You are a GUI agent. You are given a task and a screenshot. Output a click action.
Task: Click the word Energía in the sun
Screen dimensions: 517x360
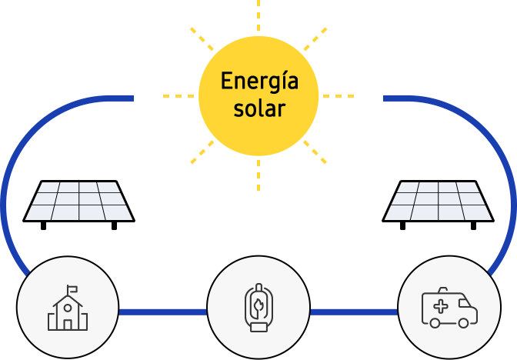pyautogui.click(x=259, y=82)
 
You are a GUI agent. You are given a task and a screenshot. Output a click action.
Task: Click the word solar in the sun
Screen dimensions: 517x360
pyautogui.click(x=259, y=108)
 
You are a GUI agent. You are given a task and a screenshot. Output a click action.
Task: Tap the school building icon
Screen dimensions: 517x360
pyautogui.click(x=68, y=308)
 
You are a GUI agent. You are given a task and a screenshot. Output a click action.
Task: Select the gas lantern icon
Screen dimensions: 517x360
pyautogui.click(x=258, y=307)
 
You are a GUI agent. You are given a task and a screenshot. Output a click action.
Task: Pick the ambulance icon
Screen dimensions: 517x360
pyautogui.click(x=449, y=308)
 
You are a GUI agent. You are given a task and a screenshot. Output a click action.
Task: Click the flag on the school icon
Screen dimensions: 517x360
pyautogui.click(x=72, y=289)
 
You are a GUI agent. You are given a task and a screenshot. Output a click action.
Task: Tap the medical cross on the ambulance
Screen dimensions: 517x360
pyautogui.click(x=441, y=307)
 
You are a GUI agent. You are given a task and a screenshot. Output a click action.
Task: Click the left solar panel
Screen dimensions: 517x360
pyautogui.click(x=78, y=205)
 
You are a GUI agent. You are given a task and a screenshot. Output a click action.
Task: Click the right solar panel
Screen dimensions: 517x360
pyautogui.click(x=438, y=205)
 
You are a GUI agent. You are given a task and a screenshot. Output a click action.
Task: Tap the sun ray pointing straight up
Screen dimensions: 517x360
pyautogui.click(x=258, y=15)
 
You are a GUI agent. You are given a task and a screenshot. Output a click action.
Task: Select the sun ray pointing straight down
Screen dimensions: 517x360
pyautogui.click(x=258, y=175)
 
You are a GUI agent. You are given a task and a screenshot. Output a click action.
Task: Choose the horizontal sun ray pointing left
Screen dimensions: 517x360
pyautogui.click(x=178, y=96)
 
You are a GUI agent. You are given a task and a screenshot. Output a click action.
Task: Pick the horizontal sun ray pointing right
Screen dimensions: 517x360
pyautogui.click(x=339, y=96)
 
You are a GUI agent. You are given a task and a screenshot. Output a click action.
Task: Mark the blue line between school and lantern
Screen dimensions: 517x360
pyautogui.click(x=163, y=312)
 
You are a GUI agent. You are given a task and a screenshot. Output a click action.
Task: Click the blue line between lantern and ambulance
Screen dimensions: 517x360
pyautogui.click(x=354, y=312)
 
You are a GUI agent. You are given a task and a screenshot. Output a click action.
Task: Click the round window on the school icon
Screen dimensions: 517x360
pyautogui.click(x=68, y=308)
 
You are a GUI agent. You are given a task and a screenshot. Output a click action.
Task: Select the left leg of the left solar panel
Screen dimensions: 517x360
pyautogui.click(x=43, y=226)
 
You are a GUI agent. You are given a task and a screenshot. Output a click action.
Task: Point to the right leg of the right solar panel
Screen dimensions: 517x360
pyautogui.click(x=473, y=226)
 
